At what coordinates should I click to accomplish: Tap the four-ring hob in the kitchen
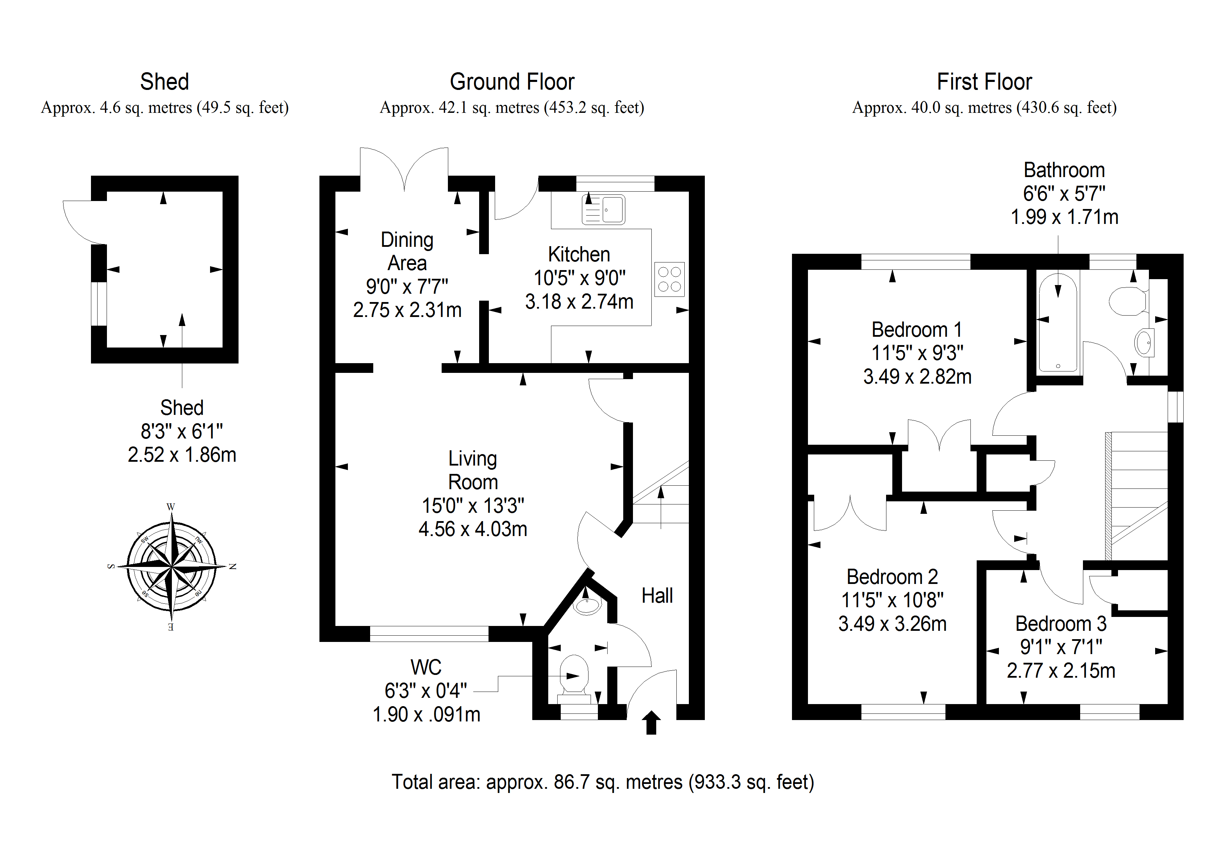click(x=669, y=279)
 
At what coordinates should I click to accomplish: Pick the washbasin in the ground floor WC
click(x=587, y=605)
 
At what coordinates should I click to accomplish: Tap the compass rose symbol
click(x=171, y=567)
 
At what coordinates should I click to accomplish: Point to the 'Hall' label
click(x=657, y=596)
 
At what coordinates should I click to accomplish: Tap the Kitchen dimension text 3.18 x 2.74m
click(x=579, y=302)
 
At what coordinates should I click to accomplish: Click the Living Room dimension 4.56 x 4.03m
click(x=473, y=529)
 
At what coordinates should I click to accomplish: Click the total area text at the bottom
click(x=603, y=782)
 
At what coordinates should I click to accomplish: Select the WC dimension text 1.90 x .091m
click(x=426, y=714)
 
